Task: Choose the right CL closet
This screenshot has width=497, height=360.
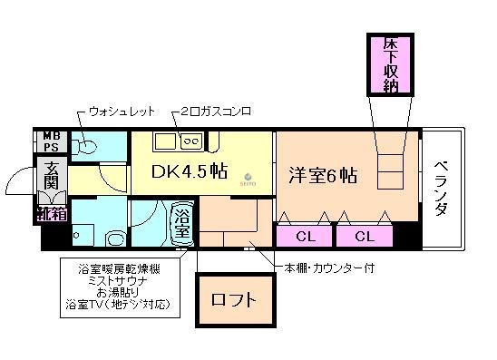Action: pyautogui.click(x=365, y=237)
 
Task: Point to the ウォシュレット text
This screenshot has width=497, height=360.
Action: pyautogui.click(x=122, y=112)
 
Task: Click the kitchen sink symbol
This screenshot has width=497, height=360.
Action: pyautogui.click(x=164, y=141)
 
